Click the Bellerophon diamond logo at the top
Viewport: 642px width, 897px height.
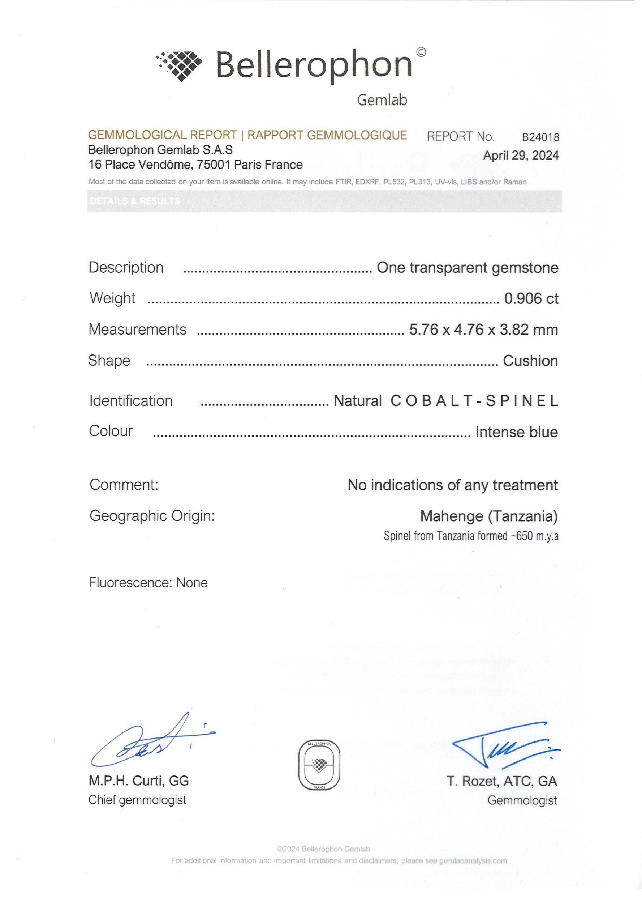pyautogui.click(x=179, y=66)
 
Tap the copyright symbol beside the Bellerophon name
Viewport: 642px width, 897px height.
pyautogui.click(x=421, y=52)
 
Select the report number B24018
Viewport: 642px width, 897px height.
pyautogui.click(x=540, y=137)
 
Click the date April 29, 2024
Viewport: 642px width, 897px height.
pyautogui.click(x=520, y=155)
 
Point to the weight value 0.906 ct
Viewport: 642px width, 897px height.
pyautogui.click(x=531, y=299)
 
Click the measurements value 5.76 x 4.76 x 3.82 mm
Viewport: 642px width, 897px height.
pyautogui.click(x=483, y=330)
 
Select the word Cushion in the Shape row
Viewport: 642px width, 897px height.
pyautogui.click(x=530, y=361)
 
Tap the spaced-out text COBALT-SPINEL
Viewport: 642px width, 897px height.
pyautogui.click(x=474, y=401)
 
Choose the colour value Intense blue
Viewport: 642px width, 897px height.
pyautogui.click(x=516, y=432)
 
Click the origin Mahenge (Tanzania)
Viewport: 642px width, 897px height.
pyautogui.click(x=488, y=516)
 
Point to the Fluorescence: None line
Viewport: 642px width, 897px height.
pyautogui.click(x=148, y=583)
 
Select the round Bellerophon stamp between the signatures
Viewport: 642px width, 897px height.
pyautogui.click(x=319, y=765)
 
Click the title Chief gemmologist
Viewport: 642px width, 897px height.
pyautogui.click(x=137, y=800)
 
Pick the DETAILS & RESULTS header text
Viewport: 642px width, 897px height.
pyautogui.click(x=135, y=201)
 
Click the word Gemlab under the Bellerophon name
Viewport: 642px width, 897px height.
pyautogui.click(x=382, y=100)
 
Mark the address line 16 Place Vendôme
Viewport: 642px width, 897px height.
pyautogui.click(x=195, y=165)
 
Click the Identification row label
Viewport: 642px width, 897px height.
pyautogui.click(x=131, y=401)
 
